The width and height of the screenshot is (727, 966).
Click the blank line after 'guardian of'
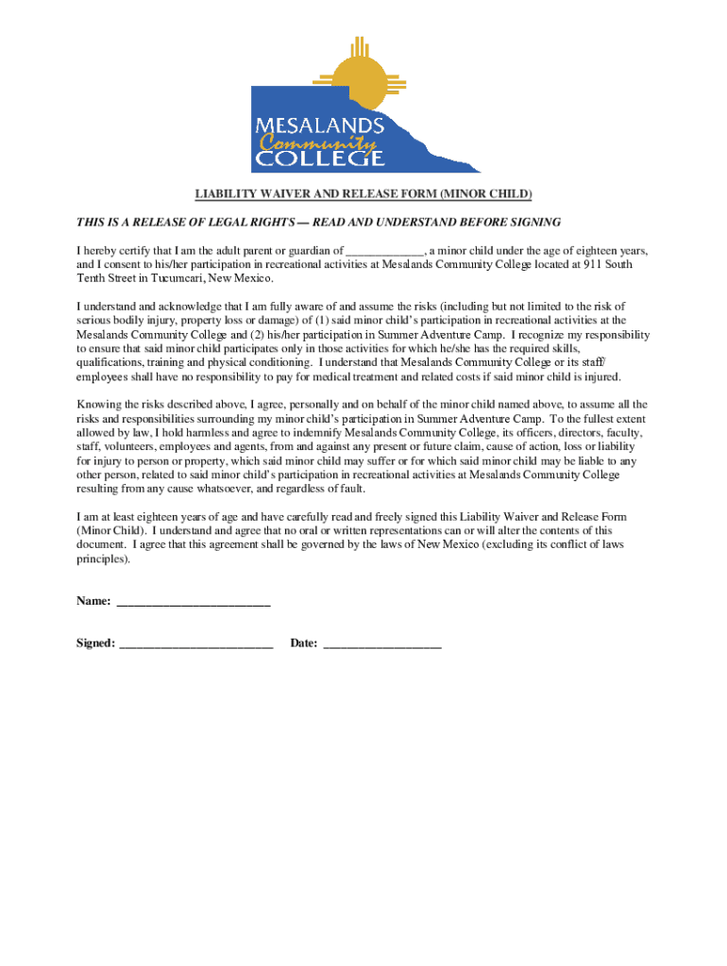click(385, 252)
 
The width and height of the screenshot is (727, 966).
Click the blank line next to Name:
click(193, 602)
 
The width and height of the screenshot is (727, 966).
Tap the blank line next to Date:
click(382, 644)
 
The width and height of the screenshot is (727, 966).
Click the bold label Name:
click(93, 601)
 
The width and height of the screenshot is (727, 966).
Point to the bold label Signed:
click(96, 643)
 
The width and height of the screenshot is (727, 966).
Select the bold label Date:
click(303, 643)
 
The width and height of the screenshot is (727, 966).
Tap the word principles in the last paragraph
click(101, 559)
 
